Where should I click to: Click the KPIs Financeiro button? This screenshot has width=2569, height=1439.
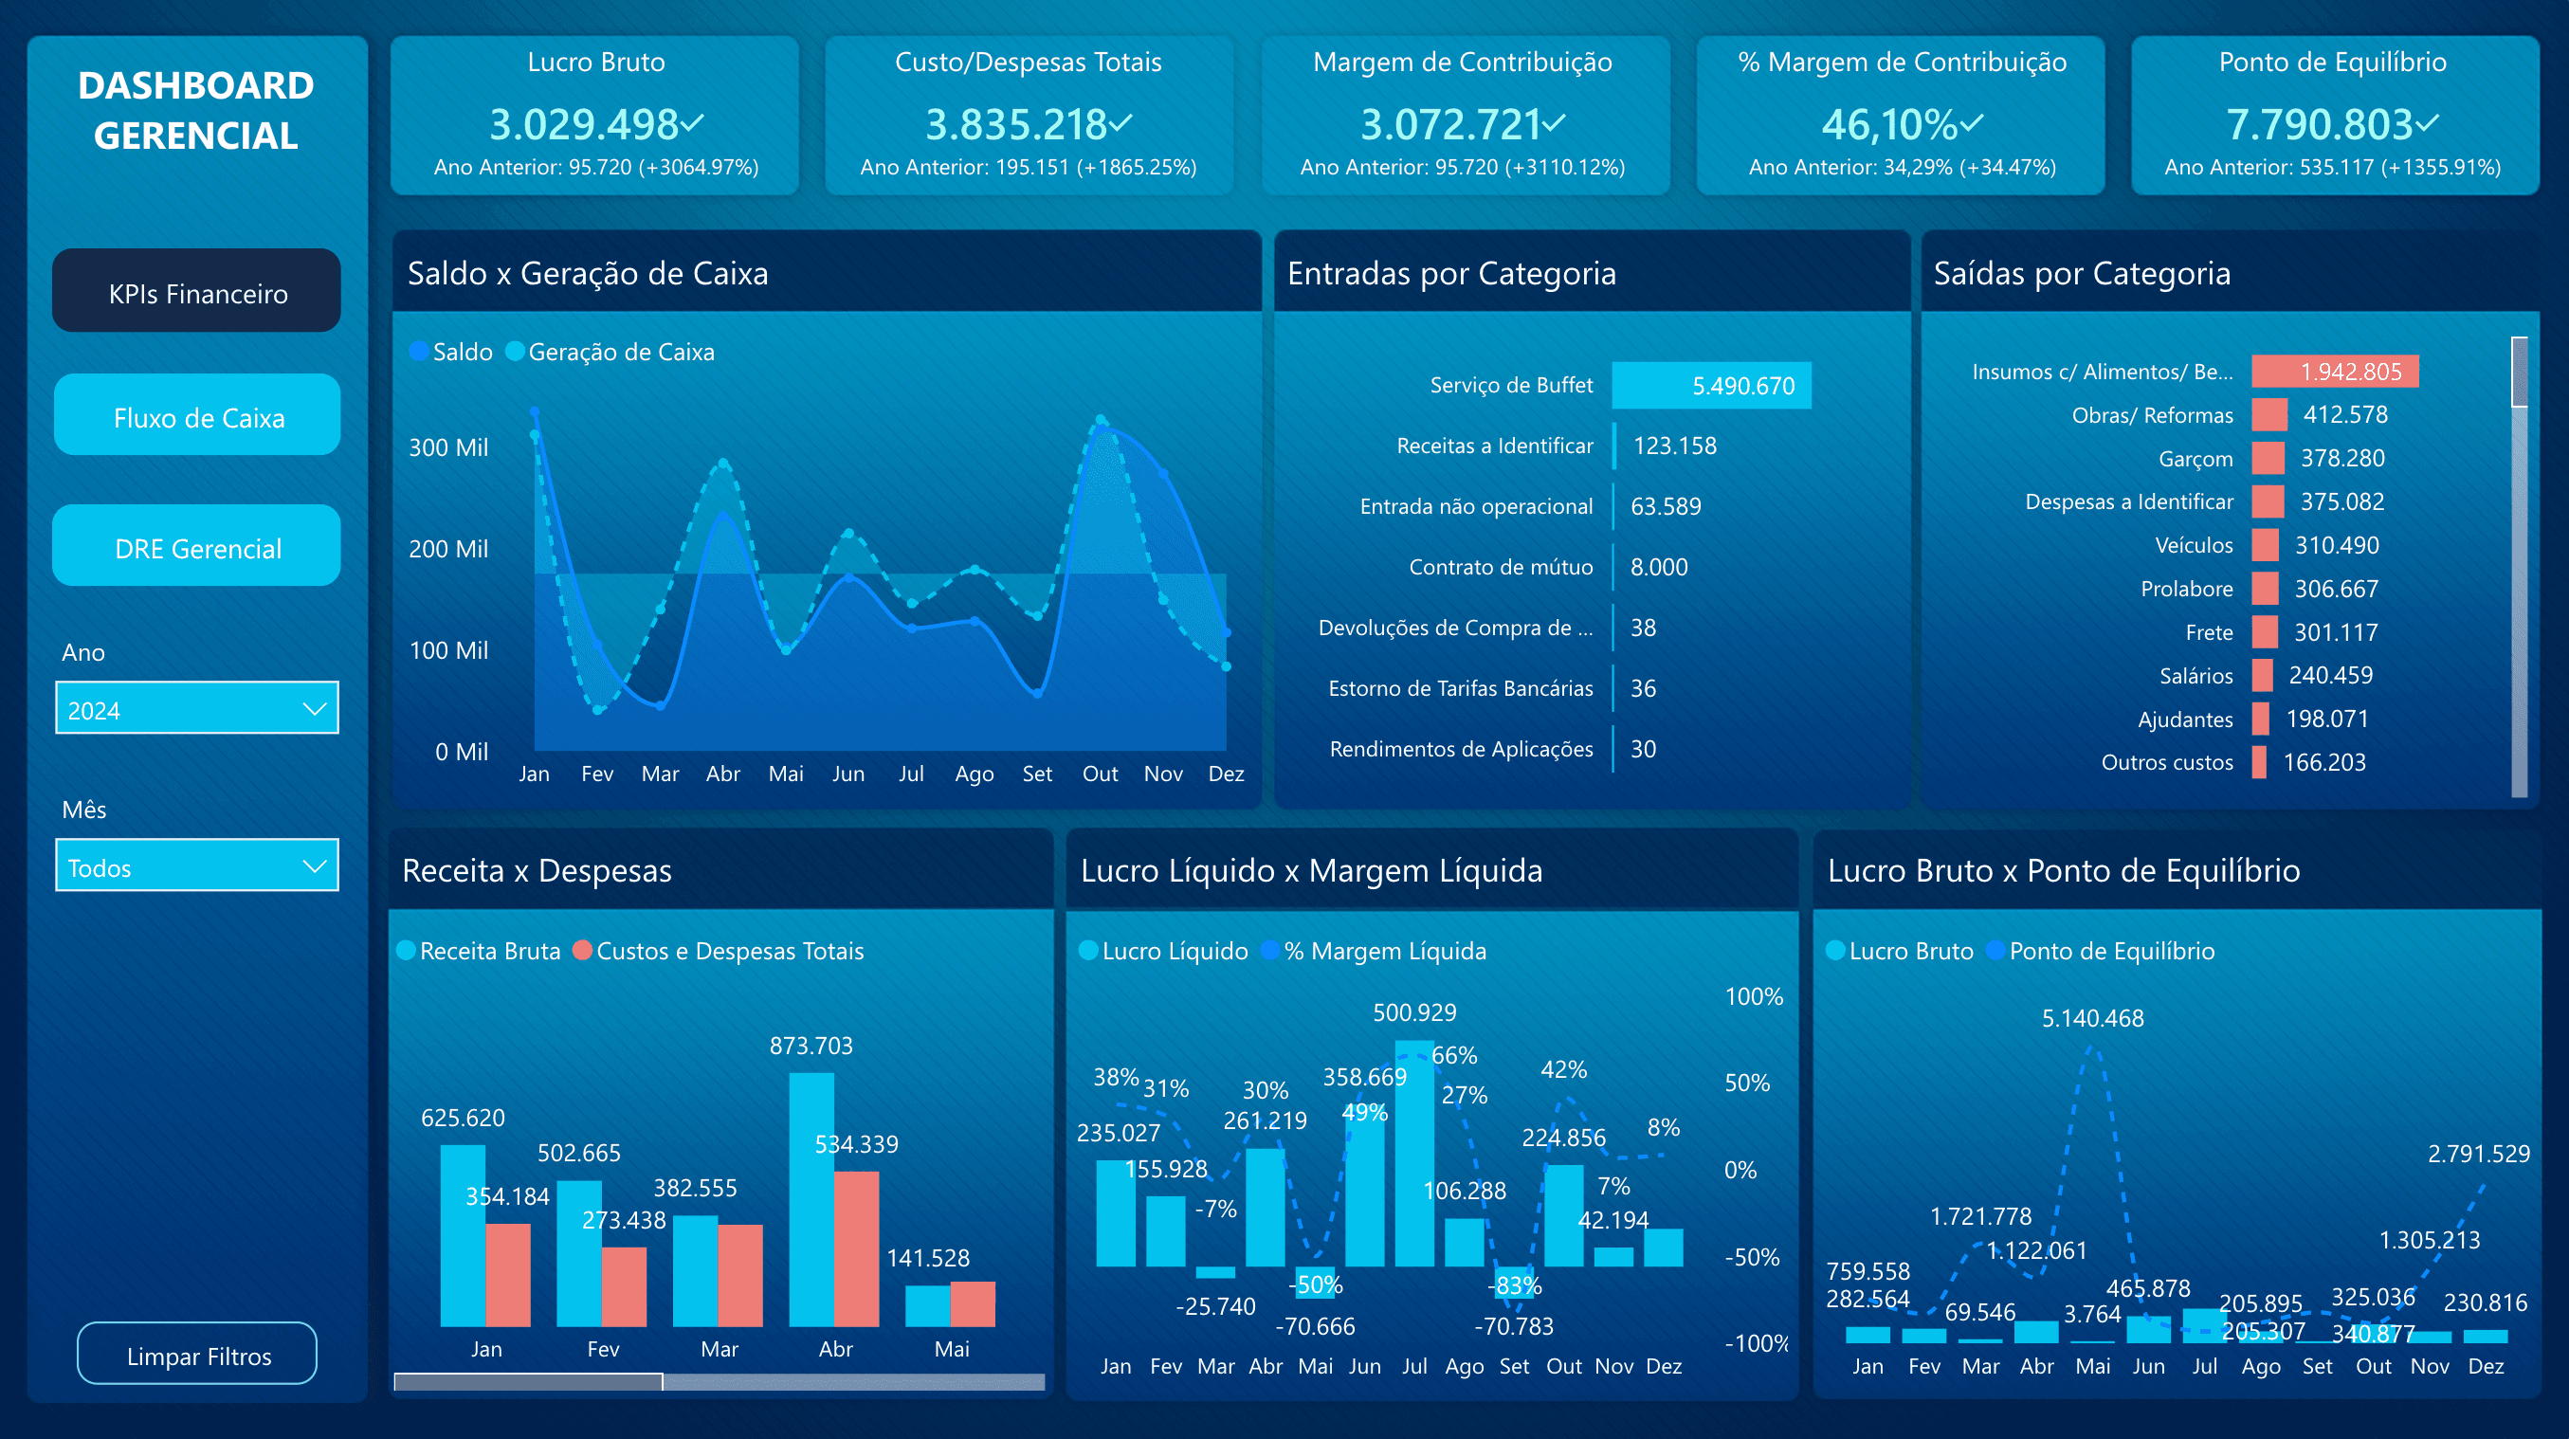coord(196,292)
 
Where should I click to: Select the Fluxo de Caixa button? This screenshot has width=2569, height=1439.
coord(196,417)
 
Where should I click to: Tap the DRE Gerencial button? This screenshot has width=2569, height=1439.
coord(196,548)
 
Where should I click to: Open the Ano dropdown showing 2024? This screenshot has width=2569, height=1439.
coord(196,709)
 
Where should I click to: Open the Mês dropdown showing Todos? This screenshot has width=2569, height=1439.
coord(196,866)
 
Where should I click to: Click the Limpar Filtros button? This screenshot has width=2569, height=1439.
coord(196,1356)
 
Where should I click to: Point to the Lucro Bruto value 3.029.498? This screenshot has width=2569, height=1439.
coord(584,124)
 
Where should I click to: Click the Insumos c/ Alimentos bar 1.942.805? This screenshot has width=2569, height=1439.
coord(2334,371)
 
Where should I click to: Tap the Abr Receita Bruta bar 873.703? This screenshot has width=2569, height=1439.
coord(810,1196)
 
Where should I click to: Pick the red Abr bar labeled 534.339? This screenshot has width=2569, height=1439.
coord(856,1247)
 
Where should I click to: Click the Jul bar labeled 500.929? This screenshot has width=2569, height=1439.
coord(1413,1152)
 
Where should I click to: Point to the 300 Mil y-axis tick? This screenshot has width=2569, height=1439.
coord(447,447)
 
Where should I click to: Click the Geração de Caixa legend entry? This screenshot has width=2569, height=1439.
coord(618,352)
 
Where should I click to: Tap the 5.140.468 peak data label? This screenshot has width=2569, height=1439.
coord(2091,1018)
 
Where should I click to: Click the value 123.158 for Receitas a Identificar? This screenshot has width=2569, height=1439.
coord(1674,446)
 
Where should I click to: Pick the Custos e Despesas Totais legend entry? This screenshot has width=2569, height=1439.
coord(728,951)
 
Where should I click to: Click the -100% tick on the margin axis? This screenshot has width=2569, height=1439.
coord(1756,1343)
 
